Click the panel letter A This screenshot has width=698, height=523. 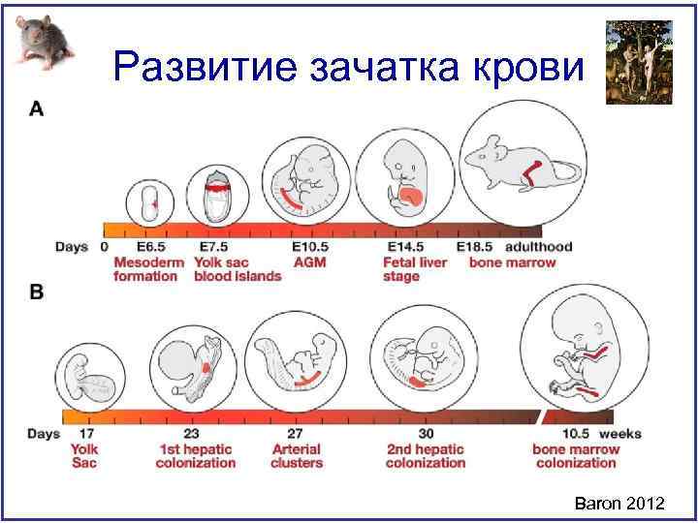tap(36, 109)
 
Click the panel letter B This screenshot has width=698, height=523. tap(36, 291)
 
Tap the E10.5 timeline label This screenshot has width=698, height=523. tap(310, 248)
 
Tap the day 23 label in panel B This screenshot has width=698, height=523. tap(192, 434)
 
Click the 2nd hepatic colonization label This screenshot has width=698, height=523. tap(425, 455)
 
